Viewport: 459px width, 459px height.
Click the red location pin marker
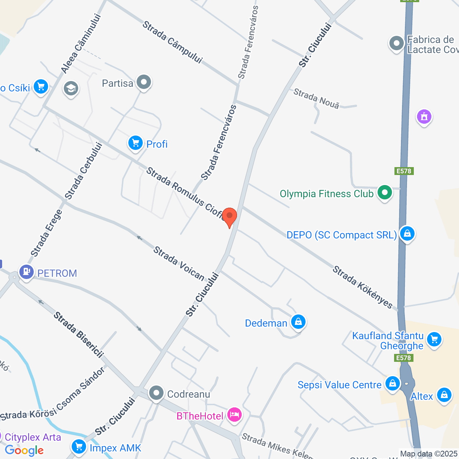pos(229,216)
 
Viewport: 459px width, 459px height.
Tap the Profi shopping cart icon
pos(136,143)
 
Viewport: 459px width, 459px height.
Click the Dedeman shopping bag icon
pos(298,322)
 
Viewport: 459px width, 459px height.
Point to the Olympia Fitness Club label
pos(326,194)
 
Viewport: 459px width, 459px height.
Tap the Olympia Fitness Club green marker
pos(385,193)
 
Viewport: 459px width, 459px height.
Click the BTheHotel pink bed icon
pos(234,415)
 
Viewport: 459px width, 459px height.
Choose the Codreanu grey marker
pos(156,393)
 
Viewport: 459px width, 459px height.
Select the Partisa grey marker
pos(144,82)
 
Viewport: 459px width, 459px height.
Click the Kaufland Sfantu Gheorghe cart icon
pos(434,339)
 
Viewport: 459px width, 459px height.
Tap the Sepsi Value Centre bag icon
pos(393,383)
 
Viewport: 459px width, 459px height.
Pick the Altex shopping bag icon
pos(444,395)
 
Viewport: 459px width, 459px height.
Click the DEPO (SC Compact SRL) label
pos(341,235)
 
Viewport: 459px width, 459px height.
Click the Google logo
pos(24,450)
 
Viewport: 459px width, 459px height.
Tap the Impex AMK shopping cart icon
pos(79,447)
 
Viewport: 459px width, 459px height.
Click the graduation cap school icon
pos(71,88)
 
